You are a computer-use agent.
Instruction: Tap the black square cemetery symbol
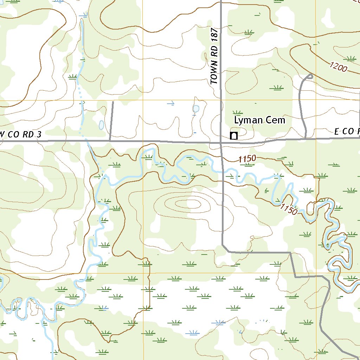coord(233,136)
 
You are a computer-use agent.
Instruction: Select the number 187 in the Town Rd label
coord(215,35)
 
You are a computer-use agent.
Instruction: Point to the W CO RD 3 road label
coord(21,134)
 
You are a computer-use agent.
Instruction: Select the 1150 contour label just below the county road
coord(247,159)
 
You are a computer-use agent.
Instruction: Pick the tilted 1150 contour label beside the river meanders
coord(289,209)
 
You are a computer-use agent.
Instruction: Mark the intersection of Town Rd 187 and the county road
coord(221,143)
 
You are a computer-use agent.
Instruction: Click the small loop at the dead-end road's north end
coord(309,76)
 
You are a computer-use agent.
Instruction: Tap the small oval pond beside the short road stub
coord(101,125)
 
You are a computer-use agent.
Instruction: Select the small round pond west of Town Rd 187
coord(196,109)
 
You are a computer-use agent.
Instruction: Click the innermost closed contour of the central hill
coord(188,204)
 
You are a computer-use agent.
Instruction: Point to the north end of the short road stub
coord(113,102)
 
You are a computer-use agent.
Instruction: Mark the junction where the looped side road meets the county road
coord(305,139)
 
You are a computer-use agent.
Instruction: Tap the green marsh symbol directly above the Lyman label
coord(238,112)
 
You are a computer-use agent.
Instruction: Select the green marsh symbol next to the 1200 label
coord(350,58)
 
